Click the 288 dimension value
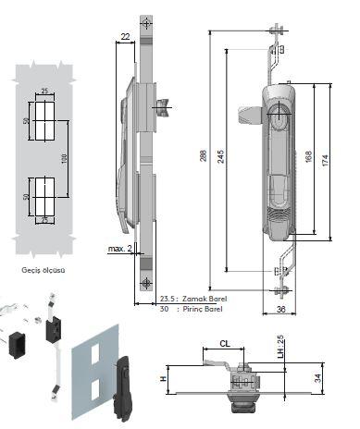[x=203, y=156]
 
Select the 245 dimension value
[x=220, y=156]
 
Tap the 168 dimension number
[x=308, y=156]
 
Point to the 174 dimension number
[x=325, y=161]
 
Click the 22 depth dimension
[x=125, y=37]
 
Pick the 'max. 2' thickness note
[x=120, y=249]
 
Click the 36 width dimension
[x=280, y=309]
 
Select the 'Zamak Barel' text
[x=205, y=299]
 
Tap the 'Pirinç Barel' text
[x=203, y=309]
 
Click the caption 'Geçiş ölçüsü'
[x=43, y=270]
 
